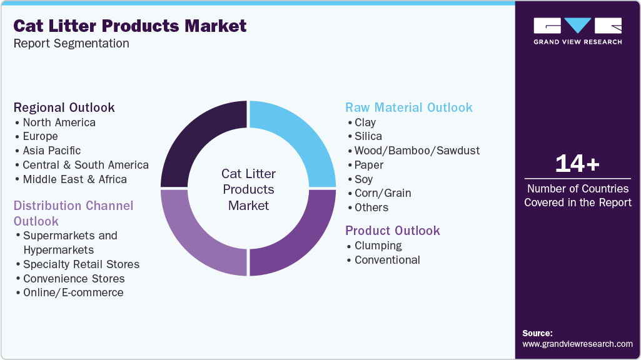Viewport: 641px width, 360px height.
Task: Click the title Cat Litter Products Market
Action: point(130,26)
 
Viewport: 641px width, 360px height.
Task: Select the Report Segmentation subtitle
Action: point(71,44)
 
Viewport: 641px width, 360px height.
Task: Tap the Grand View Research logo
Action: point(577,31)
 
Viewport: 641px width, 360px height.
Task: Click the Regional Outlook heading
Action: point(64,107)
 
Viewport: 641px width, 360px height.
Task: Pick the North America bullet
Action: point(59,122)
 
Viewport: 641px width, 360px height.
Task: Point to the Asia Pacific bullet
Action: point(51,151)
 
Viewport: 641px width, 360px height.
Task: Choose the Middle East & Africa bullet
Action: point(74,179)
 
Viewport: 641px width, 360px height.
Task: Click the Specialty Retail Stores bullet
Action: point(81,264)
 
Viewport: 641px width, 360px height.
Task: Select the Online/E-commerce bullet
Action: point(73,292)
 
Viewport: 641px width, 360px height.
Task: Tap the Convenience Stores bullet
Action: point(74,279)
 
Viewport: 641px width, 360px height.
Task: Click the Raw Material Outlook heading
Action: point(409,107)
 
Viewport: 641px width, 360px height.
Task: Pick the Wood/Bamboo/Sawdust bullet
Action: point(417,151)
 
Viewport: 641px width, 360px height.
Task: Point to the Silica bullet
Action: point(368,136)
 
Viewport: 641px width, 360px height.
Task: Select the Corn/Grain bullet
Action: point(383,193)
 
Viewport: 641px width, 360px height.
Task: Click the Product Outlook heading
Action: point(393,231)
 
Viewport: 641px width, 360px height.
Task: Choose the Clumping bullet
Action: point(378,246)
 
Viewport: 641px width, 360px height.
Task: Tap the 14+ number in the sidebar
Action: point(577,164)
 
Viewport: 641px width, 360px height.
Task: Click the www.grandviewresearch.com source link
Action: point(577,344)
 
